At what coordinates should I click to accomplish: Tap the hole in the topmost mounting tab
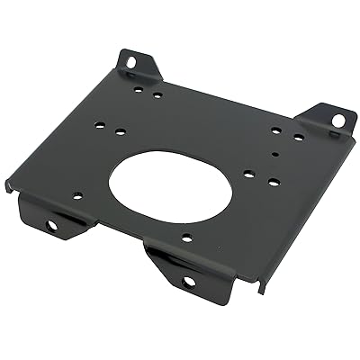click(x=130, y=63)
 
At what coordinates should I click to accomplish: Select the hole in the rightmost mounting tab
click(x=337, y=120)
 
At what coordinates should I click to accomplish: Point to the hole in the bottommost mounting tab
click(x=189, y=281)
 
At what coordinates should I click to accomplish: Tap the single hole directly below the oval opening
click(x=186, y=238)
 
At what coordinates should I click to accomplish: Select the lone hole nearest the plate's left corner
click(x=77, y=194)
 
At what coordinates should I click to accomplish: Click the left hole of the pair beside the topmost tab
click(x=138, y=89)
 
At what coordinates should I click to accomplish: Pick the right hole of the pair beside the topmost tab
click(x=157, y=94)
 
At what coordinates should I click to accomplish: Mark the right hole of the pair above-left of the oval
click(x=120, y=132)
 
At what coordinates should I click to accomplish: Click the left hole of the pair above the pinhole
click(x=275, y=130)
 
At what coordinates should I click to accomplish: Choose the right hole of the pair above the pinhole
click(x=298, y=138)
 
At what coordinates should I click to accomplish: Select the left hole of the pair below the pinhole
click(x=248, y=174)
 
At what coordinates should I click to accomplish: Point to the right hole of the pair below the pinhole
click(x=273, y=182)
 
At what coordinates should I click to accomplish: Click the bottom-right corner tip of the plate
click(x=261, y=292)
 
